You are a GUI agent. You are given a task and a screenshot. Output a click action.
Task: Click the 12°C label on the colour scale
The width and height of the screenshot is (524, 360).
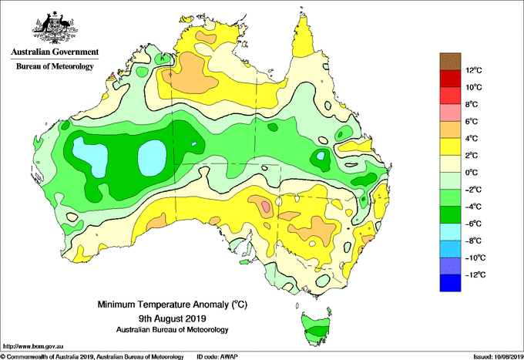click(474, 70)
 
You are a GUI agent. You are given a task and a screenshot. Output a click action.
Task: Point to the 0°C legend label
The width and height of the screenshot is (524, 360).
click(472, 173)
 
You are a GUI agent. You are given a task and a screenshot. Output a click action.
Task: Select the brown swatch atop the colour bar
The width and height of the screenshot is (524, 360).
click(450, 61)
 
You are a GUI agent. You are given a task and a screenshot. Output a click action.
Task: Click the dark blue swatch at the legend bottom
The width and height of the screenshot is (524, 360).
click(450, 283)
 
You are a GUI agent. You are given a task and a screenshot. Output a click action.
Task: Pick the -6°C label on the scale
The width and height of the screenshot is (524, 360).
click(474, 224)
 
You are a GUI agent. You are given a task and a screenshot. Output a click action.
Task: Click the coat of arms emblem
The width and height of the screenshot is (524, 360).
click(55, 28)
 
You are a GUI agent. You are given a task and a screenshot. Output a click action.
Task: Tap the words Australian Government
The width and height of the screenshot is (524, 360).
click(55, 52)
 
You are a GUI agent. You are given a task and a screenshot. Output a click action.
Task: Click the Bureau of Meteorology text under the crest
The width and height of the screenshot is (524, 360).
click(55, 66)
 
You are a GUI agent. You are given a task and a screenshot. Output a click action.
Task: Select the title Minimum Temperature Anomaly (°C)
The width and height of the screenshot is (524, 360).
click(172, 304)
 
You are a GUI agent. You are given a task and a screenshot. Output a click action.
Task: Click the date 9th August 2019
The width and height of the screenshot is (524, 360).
click(172, 318)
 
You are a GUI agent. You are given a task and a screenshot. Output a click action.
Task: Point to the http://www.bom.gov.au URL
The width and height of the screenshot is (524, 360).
click(33, 346)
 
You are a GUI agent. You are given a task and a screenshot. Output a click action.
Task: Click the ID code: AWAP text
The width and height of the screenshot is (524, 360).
click(217, 357)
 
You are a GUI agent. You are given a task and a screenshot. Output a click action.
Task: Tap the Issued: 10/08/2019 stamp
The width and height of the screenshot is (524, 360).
click(498, 357)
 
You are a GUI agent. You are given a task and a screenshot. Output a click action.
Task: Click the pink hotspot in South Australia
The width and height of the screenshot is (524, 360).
click(266, 206)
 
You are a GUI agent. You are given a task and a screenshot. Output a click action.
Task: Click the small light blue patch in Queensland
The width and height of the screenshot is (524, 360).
click(321, 156)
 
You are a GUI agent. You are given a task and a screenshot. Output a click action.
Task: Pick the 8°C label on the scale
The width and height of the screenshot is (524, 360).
click(472, 104)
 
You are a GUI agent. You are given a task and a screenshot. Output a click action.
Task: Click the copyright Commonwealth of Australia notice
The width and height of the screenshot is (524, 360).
click(92, 357)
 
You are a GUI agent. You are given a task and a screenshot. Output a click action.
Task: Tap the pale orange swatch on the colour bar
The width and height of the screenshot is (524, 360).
click(450, 130)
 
